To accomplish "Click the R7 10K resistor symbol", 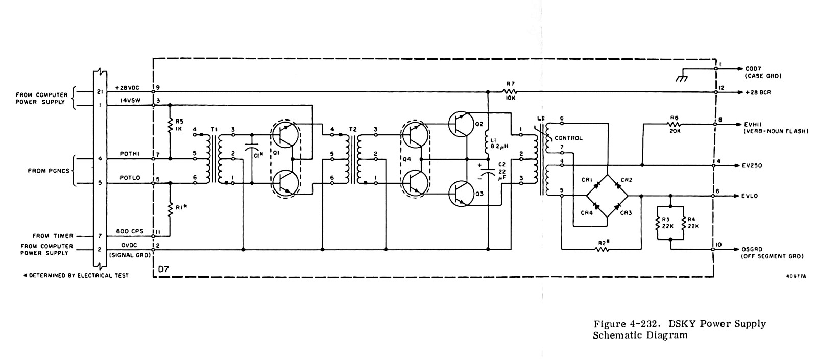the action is point(510,92).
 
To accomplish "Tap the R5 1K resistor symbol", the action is point(170,125).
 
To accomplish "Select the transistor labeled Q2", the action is point(461,124).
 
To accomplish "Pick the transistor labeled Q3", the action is point(461,194).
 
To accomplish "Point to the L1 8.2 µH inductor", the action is point(488,143).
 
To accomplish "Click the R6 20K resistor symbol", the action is point(674,124).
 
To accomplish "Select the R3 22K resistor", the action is point(658,224).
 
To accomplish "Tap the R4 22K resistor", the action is point(684,224).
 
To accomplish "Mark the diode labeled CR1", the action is point(597,185).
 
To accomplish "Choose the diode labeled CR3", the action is point(617,207).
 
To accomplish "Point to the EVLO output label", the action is point(750,196).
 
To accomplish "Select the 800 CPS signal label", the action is point(130,231).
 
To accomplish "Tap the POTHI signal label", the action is point(130,154).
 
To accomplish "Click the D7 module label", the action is point(164,269).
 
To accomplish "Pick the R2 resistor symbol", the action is point(602,250).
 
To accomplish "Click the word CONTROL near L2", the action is point(569,138).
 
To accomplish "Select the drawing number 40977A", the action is point(796,276).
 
